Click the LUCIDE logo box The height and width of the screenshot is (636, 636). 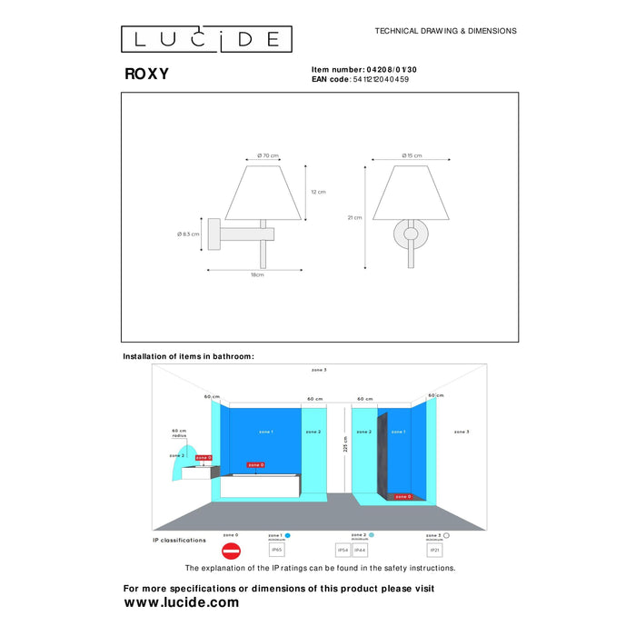[206, 39]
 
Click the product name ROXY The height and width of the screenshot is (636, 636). [146, 75]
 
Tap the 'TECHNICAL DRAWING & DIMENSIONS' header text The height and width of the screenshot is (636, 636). [445, 31]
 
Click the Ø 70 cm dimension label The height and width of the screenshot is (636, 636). [267, 155]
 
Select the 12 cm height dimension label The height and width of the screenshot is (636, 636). [318, 192]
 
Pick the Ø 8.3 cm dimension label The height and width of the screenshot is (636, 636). [189, 234]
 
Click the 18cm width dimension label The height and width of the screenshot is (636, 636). [257, 273]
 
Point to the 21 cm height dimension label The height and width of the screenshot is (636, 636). [353, 217]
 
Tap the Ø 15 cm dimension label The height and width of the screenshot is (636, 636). [412, 155]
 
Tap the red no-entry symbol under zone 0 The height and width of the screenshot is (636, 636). [231, 551]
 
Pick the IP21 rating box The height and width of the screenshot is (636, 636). [434, 551]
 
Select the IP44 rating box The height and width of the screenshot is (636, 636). [360, 551]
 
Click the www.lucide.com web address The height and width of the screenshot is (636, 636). [182, 602]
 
